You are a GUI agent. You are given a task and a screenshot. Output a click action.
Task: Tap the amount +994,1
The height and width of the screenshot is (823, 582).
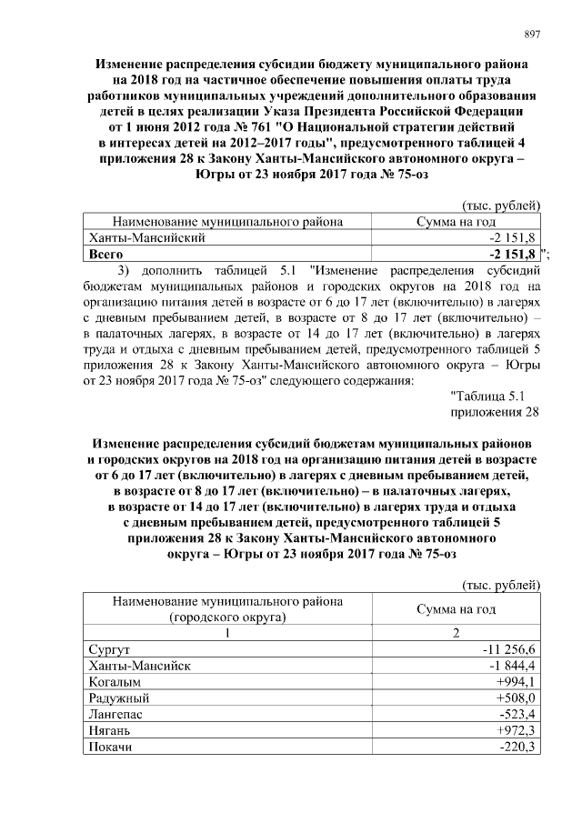coord(517,682)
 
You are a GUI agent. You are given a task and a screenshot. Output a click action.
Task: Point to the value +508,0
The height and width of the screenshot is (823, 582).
coord(517,698)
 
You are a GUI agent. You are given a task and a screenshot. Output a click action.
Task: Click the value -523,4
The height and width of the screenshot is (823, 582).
coord(519,715)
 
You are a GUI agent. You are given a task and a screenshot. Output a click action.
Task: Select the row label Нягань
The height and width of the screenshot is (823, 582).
coord(109,731)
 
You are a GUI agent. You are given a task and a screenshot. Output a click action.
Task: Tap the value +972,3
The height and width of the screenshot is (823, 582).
coord(517,731)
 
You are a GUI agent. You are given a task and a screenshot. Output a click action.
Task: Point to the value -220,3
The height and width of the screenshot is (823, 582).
coord(519,748)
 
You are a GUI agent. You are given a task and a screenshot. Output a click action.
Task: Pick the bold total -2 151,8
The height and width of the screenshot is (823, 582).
coord(514,255)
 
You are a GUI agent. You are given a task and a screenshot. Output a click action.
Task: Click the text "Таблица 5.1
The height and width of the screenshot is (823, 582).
coord(487,394)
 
